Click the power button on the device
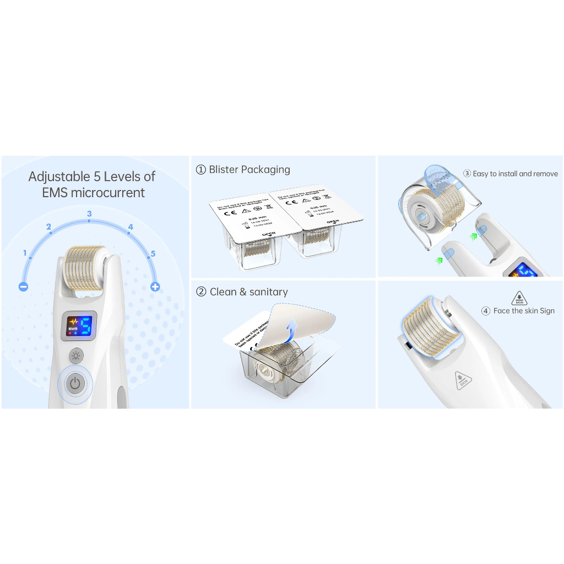(x=76, y=383)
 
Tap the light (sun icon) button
(x=75, y=355)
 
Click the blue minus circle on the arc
(x=23, y=286)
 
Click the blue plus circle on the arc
(x=155, y=286)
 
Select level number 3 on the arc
(x=89, y=214)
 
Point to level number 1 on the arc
(x=25, y=253)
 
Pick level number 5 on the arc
(x=153, y=253)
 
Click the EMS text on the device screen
(x=72, y=329)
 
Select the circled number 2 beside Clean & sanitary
(x=201, y=292)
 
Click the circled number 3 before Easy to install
(x=467, y=173)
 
